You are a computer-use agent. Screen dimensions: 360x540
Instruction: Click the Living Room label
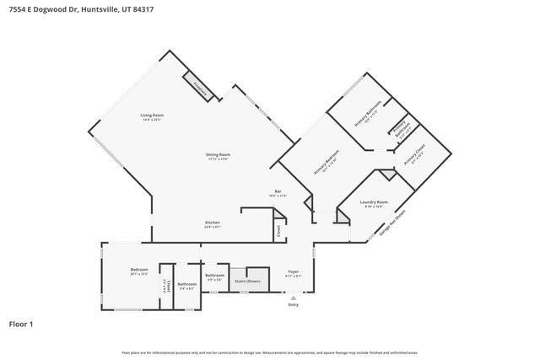pos(152,116)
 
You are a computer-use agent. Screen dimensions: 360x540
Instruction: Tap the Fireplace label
pos(199,86)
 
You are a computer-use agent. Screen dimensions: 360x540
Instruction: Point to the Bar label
pos(277,192)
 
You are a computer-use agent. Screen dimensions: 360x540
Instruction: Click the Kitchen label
pos(212,223)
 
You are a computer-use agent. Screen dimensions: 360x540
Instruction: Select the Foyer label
pos(292,273)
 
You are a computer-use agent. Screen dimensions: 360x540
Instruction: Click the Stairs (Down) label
pos(247,280)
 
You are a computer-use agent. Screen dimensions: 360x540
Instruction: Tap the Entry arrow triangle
pos(294,298)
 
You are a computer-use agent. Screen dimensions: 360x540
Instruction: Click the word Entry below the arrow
pos(294,304)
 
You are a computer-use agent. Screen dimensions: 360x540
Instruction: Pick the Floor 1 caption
pos(21,324)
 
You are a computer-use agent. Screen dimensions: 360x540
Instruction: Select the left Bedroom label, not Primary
pos(139,271)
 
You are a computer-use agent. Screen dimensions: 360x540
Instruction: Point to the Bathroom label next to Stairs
pos(214,276)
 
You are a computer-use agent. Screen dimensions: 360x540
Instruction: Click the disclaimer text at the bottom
pos(270,352)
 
